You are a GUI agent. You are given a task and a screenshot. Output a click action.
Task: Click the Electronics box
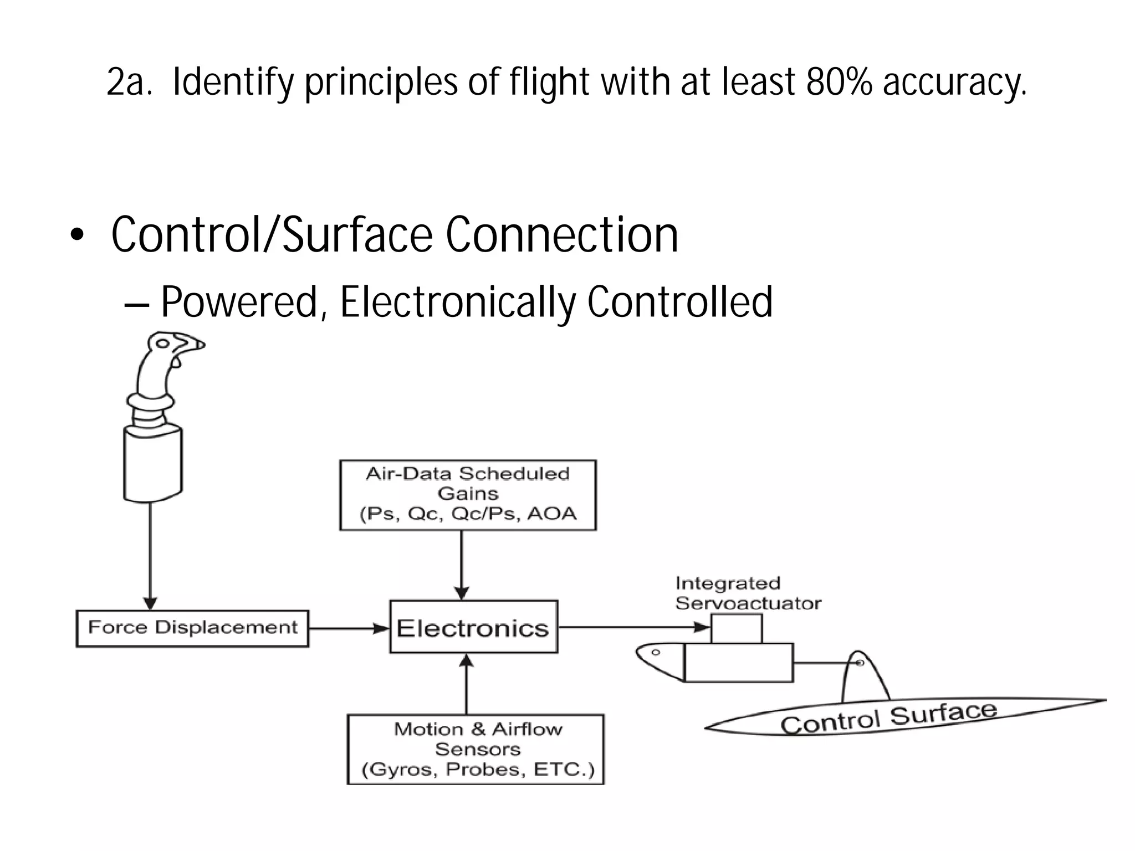(473, 627)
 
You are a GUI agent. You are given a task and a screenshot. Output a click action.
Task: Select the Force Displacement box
(192, 628)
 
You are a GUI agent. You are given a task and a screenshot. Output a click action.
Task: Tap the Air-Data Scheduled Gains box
(468, 495)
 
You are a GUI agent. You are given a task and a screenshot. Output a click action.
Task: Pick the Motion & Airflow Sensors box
(476, 749)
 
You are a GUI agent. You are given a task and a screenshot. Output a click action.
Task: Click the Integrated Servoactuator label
(747, 593)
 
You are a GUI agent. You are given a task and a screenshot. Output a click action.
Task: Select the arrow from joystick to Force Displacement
(150, 554)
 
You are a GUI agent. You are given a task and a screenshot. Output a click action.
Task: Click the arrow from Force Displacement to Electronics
(349, 629)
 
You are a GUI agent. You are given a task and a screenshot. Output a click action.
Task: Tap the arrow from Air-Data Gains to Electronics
(462, 565)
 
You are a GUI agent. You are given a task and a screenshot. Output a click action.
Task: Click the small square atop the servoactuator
(736, 628)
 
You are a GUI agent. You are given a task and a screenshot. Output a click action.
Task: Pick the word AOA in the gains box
(551, 514)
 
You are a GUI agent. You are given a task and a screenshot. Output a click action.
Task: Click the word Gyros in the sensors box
(403, 770)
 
